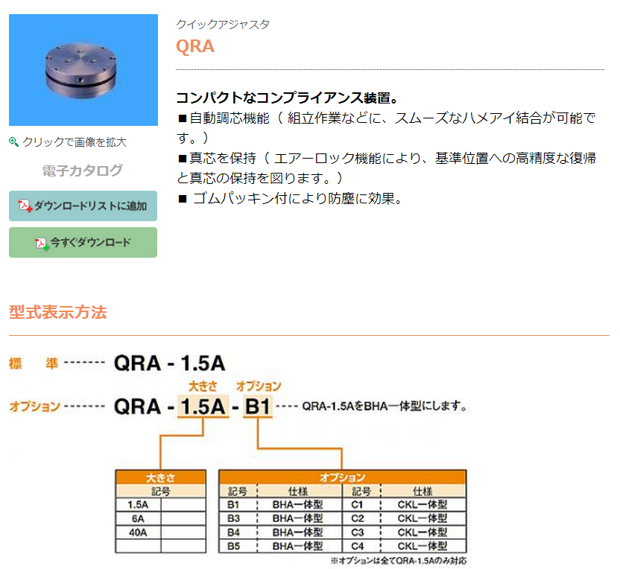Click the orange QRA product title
click(x=195, y=46)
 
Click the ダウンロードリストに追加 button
click(x=83, y=206)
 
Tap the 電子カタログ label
click(x=82, y=171)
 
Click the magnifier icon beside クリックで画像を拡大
click(x=14, y=142)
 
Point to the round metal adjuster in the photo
click(x=81, y=70)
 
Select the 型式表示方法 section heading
click(x=57, y=312)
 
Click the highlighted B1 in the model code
click(x=258, y=406)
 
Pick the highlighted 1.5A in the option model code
click(x=203, y=406)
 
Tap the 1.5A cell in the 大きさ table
click(x=138, y=505)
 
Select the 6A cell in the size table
click(x=138, y=518)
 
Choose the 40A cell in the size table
click(x=138, y=533)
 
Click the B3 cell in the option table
click(x=234, y=518)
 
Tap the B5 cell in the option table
click(x=234, y=546)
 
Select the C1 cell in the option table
click(x=357, y=505)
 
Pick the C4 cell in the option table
click(x=357, y=546)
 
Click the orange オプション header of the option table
click(x=343, y=477)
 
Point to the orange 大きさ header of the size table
click(x=160, y=477)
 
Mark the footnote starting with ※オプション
click(x=399, y=561)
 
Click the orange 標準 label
click(x=34, y=363)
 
